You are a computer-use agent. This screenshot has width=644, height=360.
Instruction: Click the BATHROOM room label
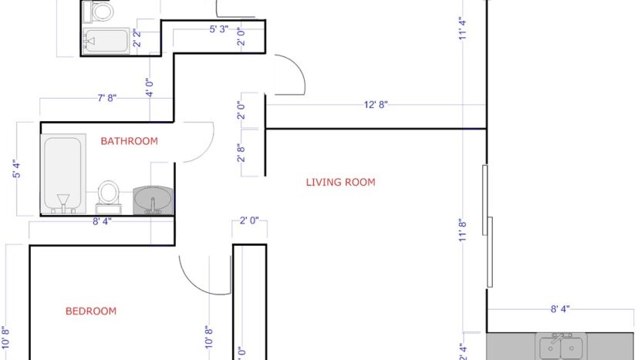point(129,141)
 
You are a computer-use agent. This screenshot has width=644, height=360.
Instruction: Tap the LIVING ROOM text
point(340,183)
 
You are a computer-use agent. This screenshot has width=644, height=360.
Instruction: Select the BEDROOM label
point(90,311)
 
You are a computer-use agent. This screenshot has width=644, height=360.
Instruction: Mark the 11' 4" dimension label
point(464,29)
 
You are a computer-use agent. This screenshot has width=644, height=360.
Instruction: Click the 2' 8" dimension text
point(241,154)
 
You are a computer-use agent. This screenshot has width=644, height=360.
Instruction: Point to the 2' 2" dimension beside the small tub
point(137,39)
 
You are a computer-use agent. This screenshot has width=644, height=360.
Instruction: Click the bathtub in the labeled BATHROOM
point(62,174)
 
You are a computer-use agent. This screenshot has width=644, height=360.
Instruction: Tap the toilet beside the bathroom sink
point(109,196)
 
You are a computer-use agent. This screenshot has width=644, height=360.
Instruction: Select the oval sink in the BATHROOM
point(153,200)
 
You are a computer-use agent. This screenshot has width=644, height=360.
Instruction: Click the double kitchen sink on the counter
point(561,347)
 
